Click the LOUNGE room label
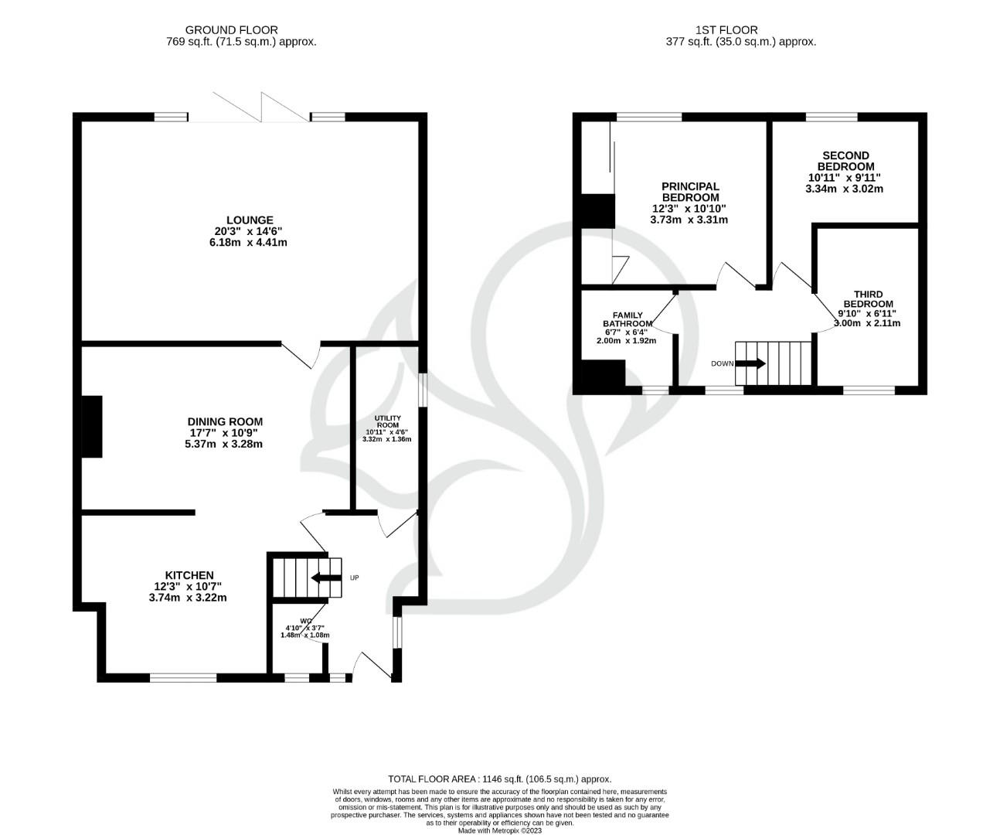click(250, 220)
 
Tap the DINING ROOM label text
click(223, 422)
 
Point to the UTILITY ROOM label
click(387, 421)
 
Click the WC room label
click(305, 621)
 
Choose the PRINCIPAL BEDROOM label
click(689, 192)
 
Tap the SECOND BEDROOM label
click(845, 161)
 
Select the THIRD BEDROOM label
click(868, 298)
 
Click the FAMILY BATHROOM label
click(627, 320)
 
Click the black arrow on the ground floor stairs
click(325, 578)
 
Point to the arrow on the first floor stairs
click(750, 363)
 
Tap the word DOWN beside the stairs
click(723, 363)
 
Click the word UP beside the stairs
click(354, 578)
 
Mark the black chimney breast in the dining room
click(92, 427)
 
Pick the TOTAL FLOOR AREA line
click(499, 779)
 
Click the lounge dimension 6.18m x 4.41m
click(243, 242)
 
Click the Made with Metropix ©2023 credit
click(499, 830)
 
